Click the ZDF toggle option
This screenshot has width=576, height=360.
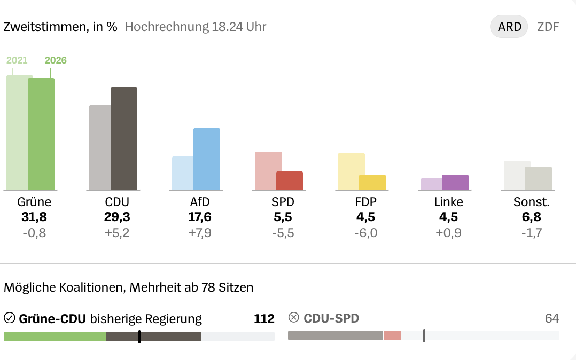[x=548, y=27]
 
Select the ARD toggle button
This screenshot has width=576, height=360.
[x=509, y=27]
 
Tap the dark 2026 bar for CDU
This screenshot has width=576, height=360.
[x=124, y=138]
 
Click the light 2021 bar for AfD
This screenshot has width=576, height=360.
[x=182, y=173]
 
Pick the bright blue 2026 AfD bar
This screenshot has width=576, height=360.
[x=207, y=159]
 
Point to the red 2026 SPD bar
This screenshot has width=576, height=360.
[x=290, y=181]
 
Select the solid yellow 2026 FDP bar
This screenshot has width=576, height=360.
[x=372, y=182]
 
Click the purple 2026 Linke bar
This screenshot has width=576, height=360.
[x=455, y=182]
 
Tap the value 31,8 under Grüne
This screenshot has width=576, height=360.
[x=34, y=217]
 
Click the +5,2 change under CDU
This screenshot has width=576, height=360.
[x=117, y=233]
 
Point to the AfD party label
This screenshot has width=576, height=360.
[x=200, y=202]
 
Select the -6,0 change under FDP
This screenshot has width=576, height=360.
[x=365, y=233]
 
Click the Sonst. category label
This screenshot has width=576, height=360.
[x=532, y=202]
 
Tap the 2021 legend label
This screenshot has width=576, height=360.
[x=17, y=60]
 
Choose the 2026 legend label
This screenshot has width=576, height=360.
[x=56, y=60]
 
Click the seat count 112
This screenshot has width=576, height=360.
[x=264, y=319]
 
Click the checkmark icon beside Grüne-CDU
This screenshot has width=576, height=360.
[x=9, y=318]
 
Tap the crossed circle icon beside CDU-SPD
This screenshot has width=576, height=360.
[x=293, y=318]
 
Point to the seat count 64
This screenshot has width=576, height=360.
[x=552, y=319]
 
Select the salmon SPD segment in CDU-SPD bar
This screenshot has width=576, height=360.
[x=392, y=335]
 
